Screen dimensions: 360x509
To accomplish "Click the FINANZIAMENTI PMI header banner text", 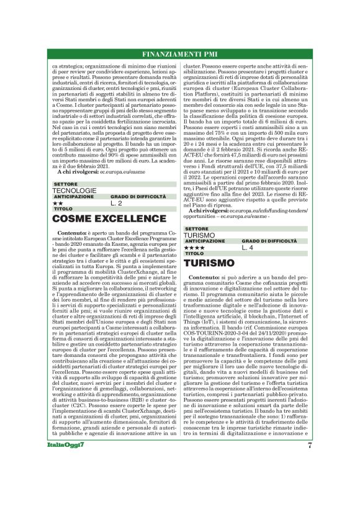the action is pyautogui.click(x=180, y=52).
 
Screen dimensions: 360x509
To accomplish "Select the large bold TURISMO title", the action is pyautogui.click(x=209, y=263).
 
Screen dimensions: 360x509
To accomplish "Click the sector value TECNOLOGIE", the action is pyautogui.click(x=75, y=191).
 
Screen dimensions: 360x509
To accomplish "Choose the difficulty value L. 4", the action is pyautogui.click(x=248, y=248).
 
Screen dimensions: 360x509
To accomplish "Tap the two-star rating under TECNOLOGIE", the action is pyautogui.click(x=58, y=203).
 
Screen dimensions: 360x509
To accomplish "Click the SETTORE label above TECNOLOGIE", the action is pyautogui.click(x=66, y=184).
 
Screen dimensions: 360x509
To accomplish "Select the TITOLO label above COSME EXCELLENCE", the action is pyautogui.click(x=63, y=209).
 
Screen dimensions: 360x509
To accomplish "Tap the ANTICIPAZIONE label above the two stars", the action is pyautogui.click(x=74, y=196).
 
